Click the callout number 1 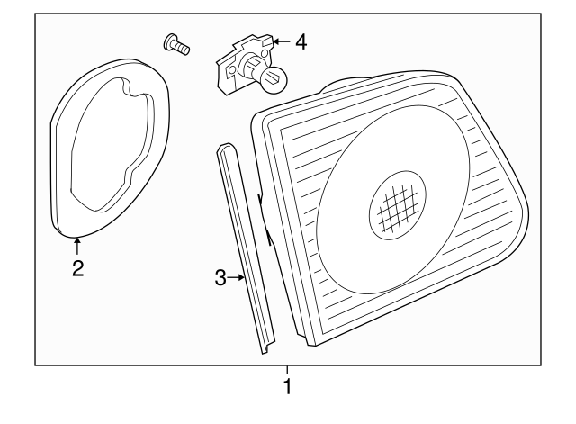[x=287, y=389]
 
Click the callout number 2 [x=77, y=267]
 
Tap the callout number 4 [x=300, y=41]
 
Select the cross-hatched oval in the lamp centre [x=398, y=209]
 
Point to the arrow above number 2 [x=77, y=243]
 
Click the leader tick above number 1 [x=287, y=369]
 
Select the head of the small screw [x=169, y=40]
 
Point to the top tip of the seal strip [x=222, y=149]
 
